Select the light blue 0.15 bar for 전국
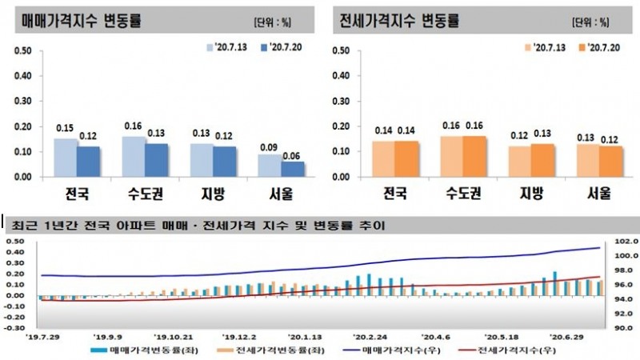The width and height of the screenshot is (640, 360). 65,157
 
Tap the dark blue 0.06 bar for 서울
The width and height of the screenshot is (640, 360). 292,169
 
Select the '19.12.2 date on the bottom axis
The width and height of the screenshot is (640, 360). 240,337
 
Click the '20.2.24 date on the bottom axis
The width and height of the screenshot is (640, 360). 370,337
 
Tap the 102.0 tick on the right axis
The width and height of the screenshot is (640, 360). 623,241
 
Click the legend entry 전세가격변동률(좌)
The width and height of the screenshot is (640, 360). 273,350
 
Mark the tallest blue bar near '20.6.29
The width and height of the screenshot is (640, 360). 554,283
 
